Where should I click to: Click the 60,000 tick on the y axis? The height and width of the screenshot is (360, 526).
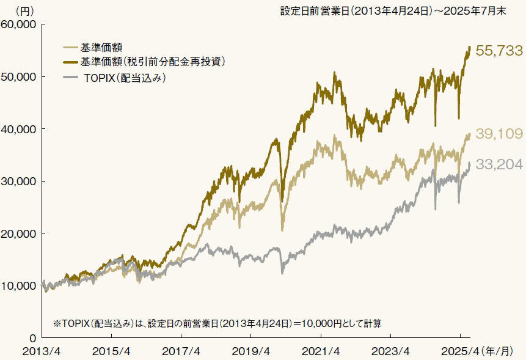(20, 24)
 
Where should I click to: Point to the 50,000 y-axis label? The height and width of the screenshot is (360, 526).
(20, 77)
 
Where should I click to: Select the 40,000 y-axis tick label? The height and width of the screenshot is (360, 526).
(20, 129)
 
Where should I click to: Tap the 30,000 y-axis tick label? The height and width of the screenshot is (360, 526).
(20, 182)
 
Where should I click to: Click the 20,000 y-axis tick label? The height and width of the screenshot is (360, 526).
(20, 233)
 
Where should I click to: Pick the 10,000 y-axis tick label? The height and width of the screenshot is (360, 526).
(20, 286)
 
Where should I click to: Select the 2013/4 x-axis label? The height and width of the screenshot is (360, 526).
(42, 351)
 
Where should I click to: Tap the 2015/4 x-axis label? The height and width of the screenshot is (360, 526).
(111, 351)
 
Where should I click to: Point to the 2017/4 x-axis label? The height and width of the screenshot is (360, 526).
(181, 351)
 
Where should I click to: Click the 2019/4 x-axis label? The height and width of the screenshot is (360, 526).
(251, 351)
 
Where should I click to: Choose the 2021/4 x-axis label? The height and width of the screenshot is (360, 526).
(321, 351)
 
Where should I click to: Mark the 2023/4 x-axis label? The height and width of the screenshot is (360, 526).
(391, 351)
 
